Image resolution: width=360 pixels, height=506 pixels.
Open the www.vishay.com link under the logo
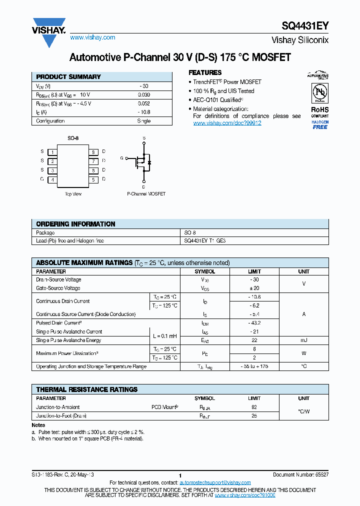pos(92,37)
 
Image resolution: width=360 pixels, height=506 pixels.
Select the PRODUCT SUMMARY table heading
pos(68,77)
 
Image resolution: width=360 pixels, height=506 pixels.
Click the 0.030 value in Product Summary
pos(143,94)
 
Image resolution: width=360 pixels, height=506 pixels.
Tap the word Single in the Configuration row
pos(143,121)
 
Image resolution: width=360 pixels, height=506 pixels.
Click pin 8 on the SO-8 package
pos(93,151)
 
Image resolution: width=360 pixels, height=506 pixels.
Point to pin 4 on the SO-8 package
pos(52,179)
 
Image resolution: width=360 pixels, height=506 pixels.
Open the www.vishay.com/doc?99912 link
pos(227,123)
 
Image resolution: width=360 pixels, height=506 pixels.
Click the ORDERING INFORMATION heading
pos(76,224)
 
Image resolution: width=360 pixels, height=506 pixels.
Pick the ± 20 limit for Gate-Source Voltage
pos(254,288)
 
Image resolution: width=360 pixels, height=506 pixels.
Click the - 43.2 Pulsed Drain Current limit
pos(254,323)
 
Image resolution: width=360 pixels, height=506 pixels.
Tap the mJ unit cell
pos(303,340)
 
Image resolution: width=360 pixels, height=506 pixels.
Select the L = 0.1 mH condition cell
pos(164,336)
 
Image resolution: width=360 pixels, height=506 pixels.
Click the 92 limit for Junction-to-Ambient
pos(254,407)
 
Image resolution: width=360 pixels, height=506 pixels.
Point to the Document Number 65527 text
pos(300,473)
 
